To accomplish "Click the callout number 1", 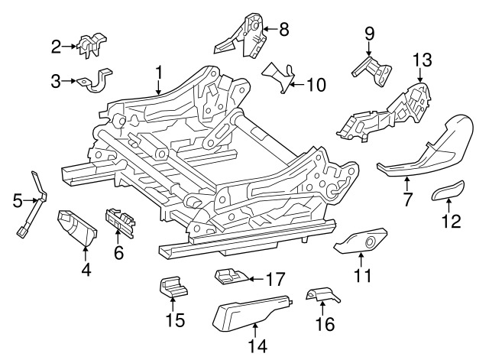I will tap(158, 73).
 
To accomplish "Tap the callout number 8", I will tap(283, 30).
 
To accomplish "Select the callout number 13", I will tap(423, 59).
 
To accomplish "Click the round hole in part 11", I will tap(372, 243).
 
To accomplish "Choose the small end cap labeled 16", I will tap(320, 295).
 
